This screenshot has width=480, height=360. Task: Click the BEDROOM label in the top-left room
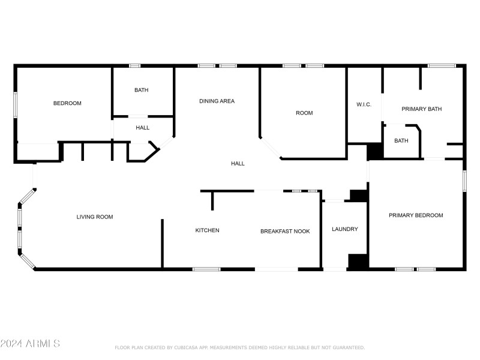(x=67, y=103)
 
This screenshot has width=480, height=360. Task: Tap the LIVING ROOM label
(x=94, y=217)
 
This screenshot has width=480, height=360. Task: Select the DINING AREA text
(x=217, y=101)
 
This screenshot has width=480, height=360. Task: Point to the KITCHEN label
(x=207, y=230)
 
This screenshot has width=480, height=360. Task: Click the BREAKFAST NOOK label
(x=285, y=231)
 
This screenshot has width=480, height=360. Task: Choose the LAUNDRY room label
(x=345, y=229)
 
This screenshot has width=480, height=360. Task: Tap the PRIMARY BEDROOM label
(x=416, y=215)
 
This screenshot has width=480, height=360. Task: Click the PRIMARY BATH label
(x=421, y=109)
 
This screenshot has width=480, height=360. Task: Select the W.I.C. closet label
(x=364, y=104)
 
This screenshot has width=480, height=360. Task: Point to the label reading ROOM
(x=304, y=113)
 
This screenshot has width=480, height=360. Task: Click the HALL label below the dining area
(x=238, y=163)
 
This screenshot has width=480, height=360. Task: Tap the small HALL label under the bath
(x=142, y=127)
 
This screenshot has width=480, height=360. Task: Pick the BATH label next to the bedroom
(x=142, y=90)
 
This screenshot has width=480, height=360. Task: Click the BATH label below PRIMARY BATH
(x=401, y=141)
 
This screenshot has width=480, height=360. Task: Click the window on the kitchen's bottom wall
(x=206, y=269)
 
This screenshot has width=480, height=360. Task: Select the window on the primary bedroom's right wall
(x=464, y=181)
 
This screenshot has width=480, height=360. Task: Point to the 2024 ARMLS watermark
(x=30, y=344)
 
